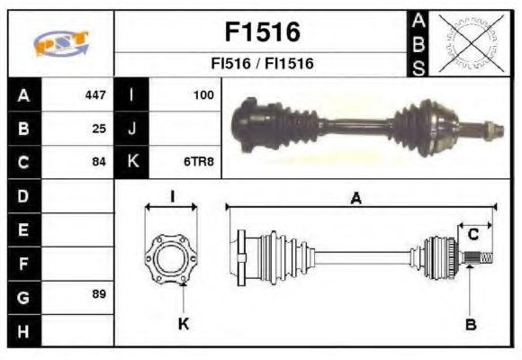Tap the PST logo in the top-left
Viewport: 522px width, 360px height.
(x=60, y=41)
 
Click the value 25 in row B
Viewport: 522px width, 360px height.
(x=99, y=128)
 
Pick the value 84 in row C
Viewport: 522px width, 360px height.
(x=99, y=162)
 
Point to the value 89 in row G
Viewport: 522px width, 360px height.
(x=99, y=295)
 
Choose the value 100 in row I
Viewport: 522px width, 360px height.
(x=206, y=94)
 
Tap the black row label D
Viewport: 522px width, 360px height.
(x=23, y=195)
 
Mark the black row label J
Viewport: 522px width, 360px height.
(x=132, y=128)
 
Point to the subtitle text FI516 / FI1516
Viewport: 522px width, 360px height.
(x=261, y=65)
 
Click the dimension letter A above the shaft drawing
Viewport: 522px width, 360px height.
(x=356, y=200)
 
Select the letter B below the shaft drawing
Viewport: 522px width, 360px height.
(x=471, y=324)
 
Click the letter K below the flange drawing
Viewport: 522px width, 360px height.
(x=183, y=324)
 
